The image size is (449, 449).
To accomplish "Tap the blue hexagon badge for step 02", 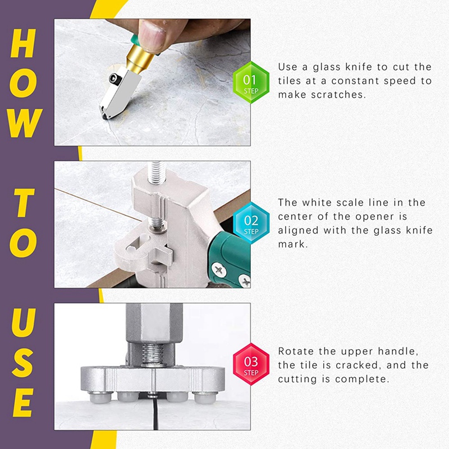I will [x=250, y=223].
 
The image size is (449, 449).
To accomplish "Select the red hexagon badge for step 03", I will [x=250, y=364].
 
